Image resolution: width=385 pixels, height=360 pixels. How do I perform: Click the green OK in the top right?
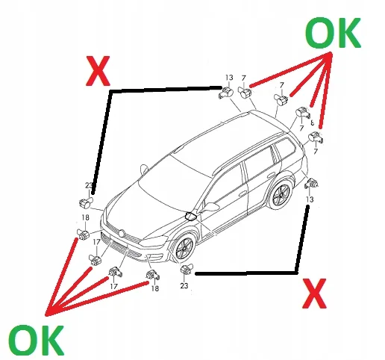pos(333,33)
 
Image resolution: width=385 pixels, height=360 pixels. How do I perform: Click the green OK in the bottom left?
pos(37,340)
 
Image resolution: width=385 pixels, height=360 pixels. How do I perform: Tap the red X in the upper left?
pos(98,71)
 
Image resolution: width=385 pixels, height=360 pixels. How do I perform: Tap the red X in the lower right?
pos(314,294)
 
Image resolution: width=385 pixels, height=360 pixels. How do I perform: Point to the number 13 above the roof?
pos(229,78)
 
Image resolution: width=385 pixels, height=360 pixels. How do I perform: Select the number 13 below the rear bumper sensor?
pos(310,199)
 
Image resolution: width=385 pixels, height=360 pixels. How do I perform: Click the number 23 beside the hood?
pos(89,185)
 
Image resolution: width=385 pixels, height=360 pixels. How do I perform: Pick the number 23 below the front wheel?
pos(184,285)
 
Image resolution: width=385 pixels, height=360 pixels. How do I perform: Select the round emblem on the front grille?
pos(122,233)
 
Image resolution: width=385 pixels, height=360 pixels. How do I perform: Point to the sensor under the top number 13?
pos(226,93)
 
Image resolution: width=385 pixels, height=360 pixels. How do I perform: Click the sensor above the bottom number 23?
pos(187,269)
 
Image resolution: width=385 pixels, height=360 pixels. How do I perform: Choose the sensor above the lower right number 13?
pos(311,184)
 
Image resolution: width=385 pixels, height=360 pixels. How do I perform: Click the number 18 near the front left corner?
pos(85,217)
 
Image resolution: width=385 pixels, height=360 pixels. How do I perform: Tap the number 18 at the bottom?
pos(155,288)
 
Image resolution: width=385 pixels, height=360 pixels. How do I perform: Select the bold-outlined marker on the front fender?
pos(191,216)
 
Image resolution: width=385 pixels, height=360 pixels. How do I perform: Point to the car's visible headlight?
pos(154,240)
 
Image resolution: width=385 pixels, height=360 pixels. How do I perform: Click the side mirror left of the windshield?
pos(144,170)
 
